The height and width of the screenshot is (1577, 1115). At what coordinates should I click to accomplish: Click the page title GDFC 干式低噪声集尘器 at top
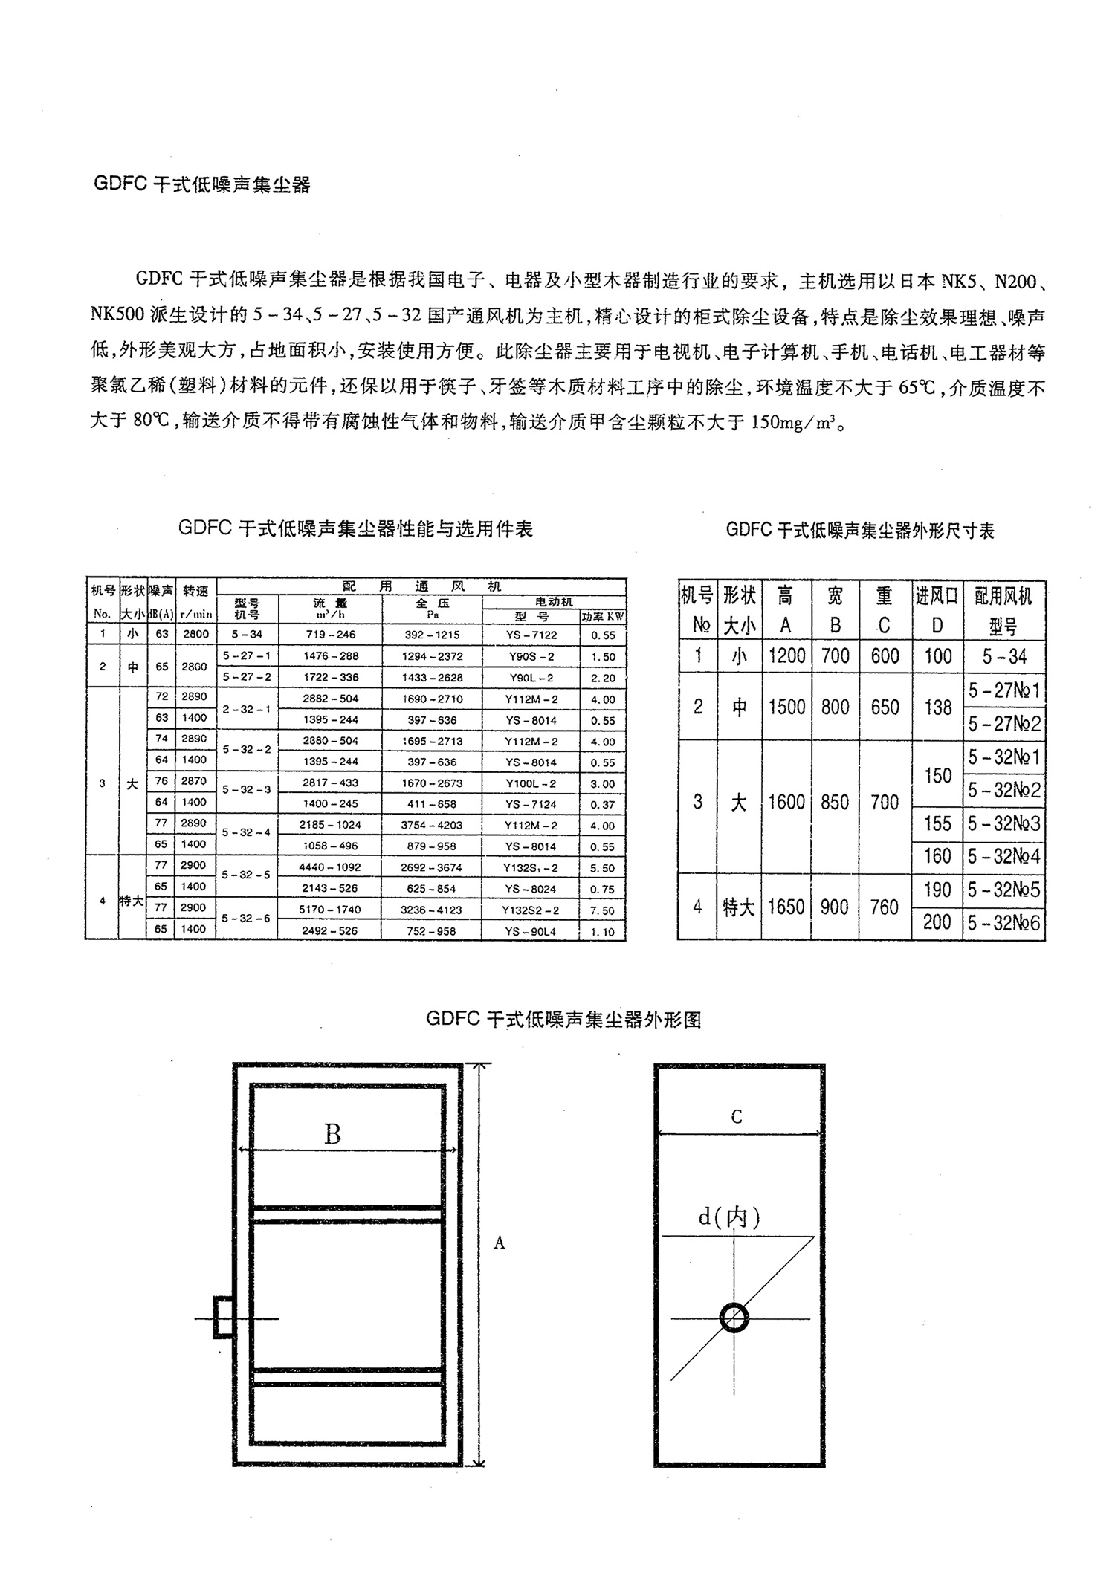[202, 185]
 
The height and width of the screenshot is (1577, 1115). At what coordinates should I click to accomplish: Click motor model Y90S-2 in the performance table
[532, 657]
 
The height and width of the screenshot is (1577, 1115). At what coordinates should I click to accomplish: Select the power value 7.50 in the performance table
[603, 911]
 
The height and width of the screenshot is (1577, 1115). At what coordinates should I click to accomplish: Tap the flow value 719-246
[330, 635]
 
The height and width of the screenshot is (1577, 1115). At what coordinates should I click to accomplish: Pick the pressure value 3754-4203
[431, 826]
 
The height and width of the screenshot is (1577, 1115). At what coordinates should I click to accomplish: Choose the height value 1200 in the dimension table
[786, 656]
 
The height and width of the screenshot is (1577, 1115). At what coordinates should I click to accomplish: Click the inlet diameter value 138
[938, 707]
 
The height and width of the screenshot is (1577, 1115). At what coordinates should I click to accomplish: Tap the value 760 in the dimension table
[885, 907]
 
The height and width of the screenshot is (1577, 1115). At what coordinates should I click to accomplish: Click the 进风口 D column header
[938, 609]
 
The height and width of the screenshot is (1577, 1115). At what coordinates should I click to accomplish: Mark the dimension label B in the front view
[332, 1135]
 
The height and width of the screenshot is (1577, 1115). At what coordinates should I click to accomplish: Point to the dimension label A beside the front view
[500, 1243]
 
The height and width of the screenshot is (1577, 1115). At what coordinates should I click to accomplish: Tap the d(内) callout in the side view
[729, 1217]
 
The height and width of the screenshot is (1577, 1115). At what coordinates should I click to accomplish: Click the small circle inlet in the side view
[734, 1318]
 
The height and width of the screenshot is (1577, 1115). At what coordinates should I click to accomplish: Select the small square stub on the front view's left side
[223, 1318]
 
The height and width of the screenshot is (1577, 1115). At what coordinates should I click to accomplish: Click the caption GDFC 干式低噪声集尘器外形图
[563, 1020]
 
